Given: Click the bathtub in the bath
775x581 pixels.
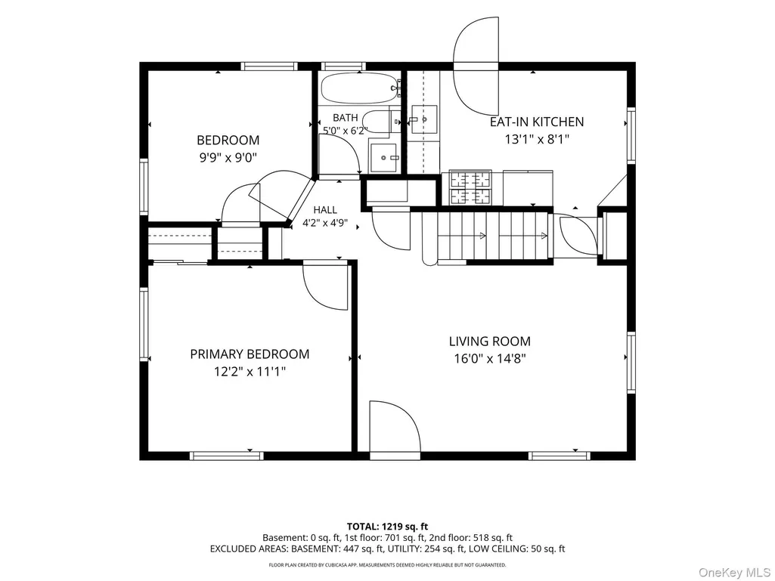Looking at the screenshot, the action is (x=359, y=88).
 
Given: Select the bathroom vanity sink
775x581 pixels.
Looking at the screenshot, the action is (x=384, y=158).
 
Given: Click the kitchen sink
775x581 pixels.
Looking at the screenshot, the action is (x=424, y=119).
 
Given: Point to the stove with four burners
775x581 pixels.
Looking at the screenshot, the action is (x=470, y=187).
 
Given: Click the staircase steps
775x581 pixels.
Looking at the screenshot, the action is (x=493, y=236).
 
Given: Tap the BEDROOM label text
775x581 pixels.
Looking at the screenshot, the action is (x=228, y=141).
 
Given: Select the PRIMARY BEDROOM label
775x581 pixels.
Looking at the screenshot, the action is (x=250, y=354).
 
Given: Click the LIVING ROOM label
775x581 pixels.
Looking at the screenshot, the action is (x=490, y=341).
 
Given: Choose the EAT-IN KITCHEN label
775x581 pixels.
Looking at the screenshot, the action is (x=537, y=122).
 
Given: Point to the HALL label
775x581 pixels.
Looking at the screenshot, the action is (x=325, y=210).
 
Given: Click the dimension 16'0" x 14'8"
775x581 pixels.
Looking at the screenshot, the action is (x=490, y=359).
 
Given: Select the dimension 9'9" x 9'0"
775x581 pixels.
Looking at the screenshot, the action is (x=228, y=158).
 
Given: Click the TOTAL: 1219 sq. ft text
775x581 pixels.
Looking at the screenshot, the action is (x=387, y=527).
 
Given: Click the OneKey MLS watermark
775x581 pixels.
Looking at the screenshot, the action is (x=734, y=572).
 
